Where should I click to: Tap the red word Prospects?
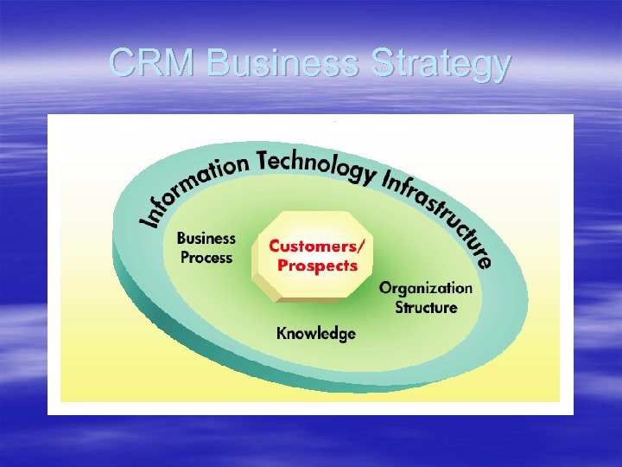(x=317, y=265)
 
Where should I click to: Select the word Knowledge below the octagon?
(x=315, y=334)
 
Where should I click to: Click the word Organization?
(x=426, y=287)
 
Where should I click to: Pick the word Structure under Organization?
(x=426, y=306)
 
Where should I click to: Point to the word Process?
(x=206, y=257)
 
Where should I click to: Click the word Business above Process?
(x=206, y=238)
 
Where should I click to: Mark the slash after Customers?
(x=359, y=246)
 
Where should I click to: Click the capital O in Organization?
(x=385, y=287)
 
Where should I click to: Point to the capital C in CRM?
(x=123, y=63)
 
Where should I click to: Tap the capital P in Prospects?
(x=282, y=265)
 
